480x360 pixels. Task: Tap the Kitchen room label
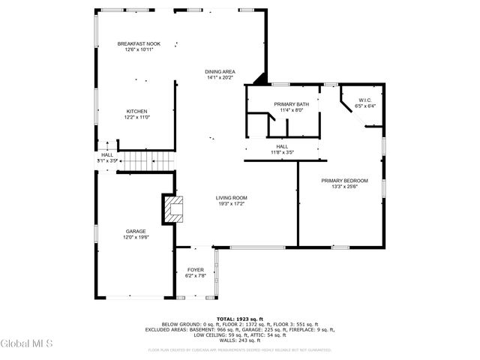[x=136, y=111]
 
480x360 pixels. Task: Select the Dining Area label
[x=220, y=71]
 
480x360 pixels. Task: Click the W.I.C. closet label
[x=365, y=100]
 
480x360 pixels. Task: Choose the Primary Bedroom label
[x=344, y=180]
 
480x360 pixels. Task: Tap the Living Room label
[x=232, y=197]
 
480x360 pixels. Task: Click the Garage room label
[x=136, y=231]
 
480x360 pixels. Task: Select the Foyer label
[x=195, y=269]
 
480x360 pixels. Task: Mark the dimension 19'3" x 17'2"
[x=232, y=204]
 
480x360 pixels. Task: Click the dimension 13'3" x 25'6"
[x=344, y=187]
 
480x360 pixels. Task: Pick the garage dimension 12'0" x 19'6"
[x=136, y=237]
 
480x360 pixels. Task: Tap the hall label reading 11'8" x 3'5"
[x=282, y=152]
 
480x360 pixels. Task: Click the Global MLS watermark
[x=27, y=344]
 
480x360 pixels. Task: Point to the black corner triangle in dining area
[x=260, y=78]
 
